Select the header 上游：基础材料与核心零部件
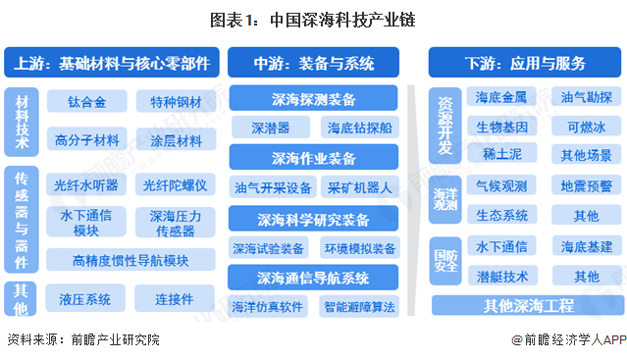[112, 64]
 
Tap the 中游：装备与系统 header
[314, 64]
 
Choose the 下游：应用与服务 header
[523, 64]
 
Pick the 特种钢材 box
[174, 102]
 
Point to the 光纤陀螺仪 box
[174, 184]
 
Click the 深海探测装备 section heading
[314, 100]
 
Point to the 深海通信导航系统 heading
[314, 277]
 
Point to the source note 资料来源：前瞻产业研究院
[82, 340]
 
